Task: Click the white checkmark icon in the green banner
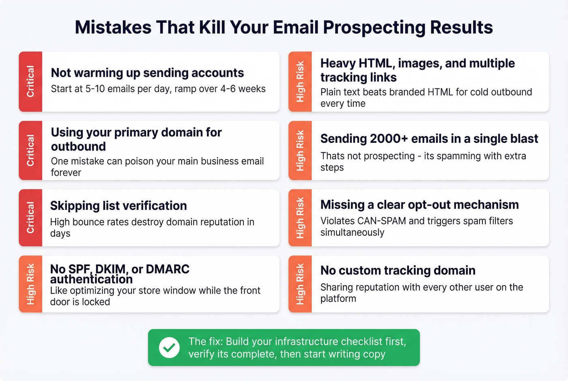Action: pos(169,348)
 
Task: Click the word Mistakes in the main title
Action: pos(113,28)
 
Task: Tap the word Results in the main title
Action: pos(461,28)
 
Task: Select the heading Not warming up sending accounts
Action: pos(147,73)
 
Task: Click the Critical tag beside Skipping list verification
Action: pos(30,217)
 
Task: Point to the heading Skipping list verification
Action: pos(118,206)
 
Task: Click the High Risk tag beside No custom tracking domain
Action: pos(300,284)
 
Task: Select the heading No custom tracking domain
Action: pos(398,271)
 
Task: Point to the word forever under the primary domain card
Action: pos(66,173)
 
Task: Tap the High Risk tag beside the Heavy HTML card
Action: pos(300,82)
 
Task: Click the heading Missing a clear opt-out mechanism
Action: pos(420,205)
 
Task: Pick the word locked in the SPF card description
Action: pos(96,302)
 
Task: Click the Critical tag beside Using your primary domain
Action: pos(30,151)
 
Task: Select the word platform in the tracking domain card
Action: pos(338,299)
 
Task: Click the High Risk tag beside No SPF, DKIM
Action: pos(30,284)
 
